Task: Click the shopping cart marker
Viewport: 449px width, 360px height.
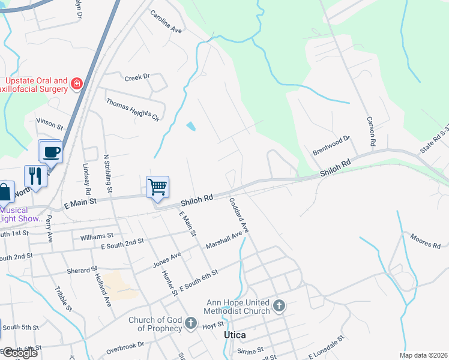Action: (x=157, y=187)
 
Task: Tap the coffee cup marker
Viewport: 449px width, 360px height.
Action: (x=51, y=151)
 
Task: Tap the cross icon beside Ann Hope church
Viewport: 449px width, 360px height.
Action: (x=279, y=307)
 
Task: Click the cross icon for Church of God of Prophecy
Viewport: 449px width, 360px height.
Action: (x=191, y=324)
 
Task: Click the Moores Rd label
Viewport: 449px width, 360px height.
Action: (x=426, y=242)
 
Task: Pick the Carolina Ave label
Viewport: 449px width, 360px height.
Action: (x=166, y=22)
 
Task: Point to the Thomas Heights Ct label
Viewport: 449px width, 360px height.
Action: (x=133, y=109)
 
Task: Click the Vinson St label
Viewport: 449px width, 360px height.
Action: (x=50, y=124)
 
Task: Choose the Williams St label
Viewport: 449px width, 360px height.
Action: (x=96, y=236)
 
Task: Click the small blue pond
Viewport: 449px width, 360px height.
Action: (x=191, y=126)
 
